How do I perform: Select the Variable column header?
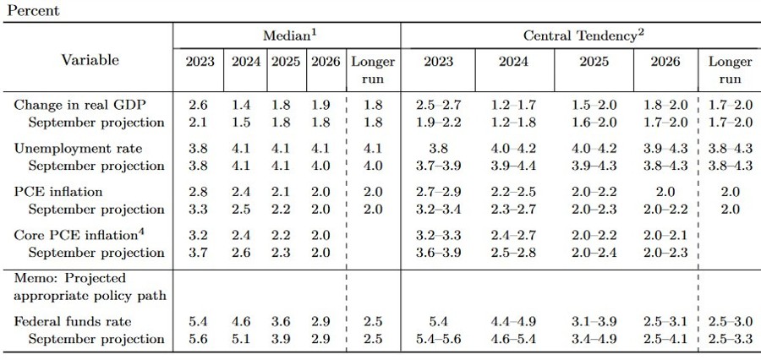click(x=90, y=60)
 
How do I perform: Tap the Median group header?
click(x=287, y=35)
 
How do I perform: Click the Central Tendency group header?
click(x=579, y=35)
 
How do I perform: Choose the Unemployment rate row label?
click(x=68, y=148)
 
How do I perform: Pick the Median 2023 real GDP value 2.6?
click(x=200, y=104)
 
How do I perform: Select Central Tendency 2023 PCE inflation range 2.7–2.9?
click(x=438, y=192)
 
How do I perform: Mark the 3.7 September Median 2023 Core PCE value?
click(x=200, y=252)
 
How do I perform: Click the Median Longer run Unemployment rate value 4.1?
click(x=373, y=148)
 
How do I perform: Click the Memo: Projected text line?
click(x=70, y=278)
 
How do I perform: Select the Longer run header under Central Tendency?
click(x=730, y=70)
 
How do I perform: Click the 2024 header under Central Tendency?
click(x=513, y=62)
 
